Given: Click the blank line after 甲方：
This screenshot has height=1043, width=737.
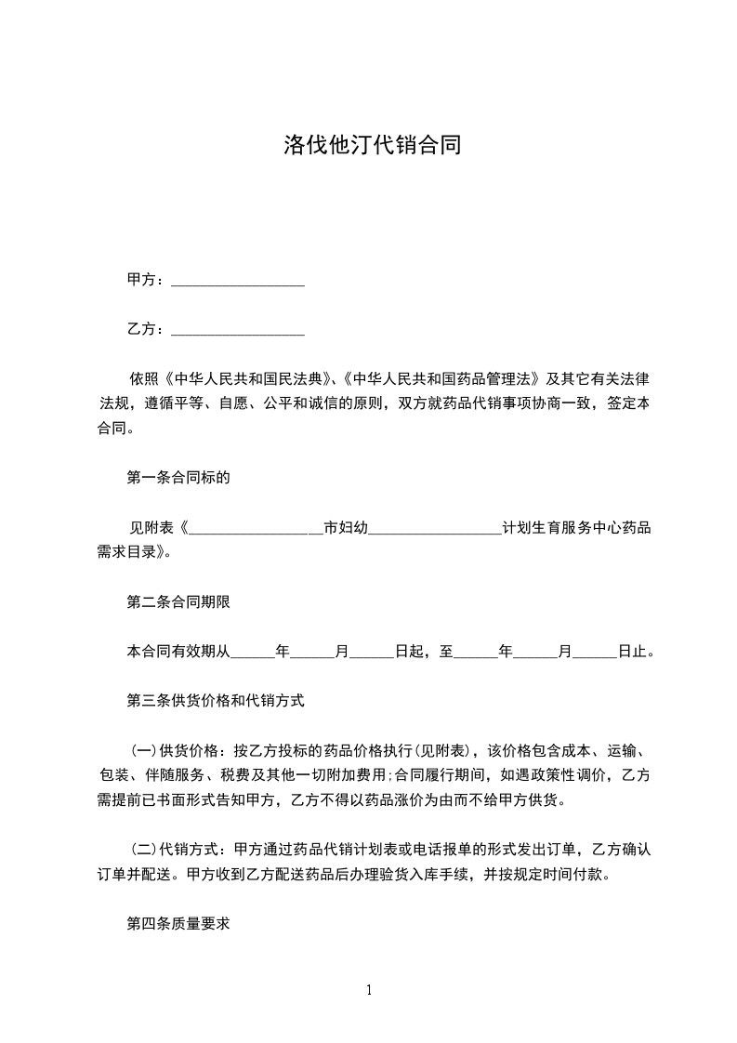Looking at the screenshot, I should (239, 281).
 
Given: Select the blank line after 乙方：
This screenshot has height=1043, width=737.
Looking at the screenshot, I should (239, 330).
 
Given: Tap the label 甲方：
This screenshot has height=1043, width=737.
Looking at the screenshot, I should (147, 280).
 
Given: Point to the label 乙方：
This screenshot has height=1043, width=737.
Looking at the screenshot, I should (147, 329).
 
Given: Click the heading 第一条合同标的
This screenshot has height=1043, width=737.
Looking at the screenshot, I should (178, 479).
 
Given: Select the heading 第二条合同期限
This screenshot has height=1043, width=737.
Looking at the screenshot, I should (178, 601).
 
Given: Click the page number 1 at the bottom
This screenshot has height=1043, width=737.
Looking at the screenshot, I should (369, 990).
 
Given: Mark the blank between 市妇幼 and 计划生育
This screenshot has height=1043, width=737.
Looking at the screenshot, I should (435, 528).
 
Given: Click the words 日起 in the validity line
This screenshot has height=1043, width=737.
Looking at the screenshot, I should (410, 652).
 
